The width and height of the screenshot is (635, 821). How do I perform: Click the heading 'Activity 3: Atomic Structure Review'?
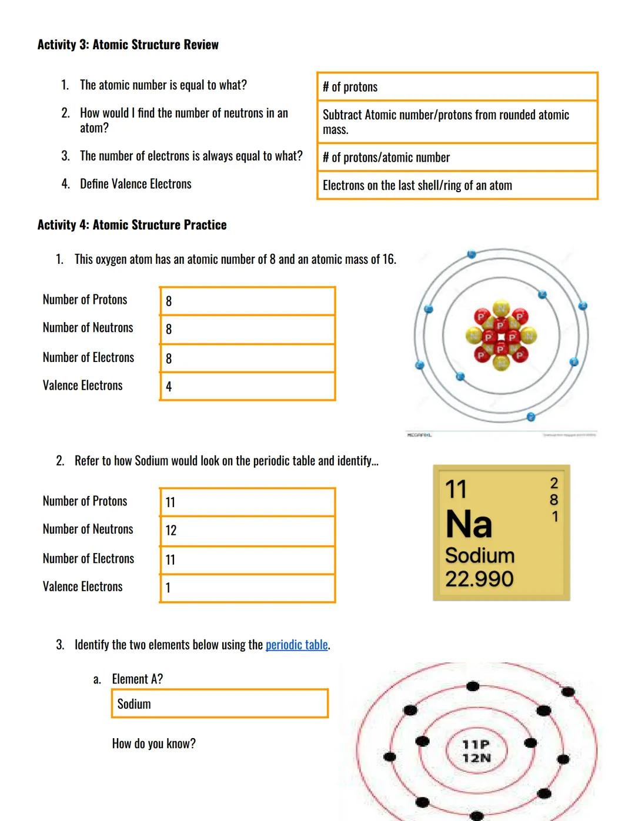128,45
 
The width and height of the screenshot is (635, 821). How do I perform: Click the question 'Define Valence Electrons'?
135,184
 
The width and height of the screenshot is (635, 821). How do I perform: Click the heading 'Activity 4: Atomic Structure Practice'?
132,224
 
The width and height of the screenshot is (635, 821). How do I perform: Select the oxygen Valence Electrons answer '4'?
247,387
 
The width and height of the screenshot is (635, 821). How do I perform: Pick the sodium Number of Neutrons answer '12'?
247,531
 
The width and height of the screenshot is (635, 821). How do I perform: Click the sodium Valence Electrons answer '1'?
247,588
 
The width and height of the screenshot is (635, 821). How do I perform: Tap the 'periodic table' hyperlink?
296,645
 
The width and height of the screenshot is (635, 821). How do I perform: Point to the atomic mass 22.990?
479,579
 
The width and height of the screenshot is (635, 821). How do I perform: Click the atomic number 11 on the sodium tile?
456,489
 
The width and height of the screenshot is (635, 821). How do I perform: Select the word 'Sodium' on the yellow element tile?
479,555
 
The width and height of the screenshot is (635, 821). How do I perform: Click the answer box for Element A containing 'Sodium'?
219,703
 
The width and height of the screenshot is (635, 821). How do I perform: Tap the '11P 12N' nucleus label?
476,751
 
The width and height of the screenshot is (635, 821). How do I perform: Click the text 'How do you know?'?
153,743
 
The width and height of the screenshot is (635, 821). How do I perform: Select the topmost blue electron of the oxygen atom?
470,254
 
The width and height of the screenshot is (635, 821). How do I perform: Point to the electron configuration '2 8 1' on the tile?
553,500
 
